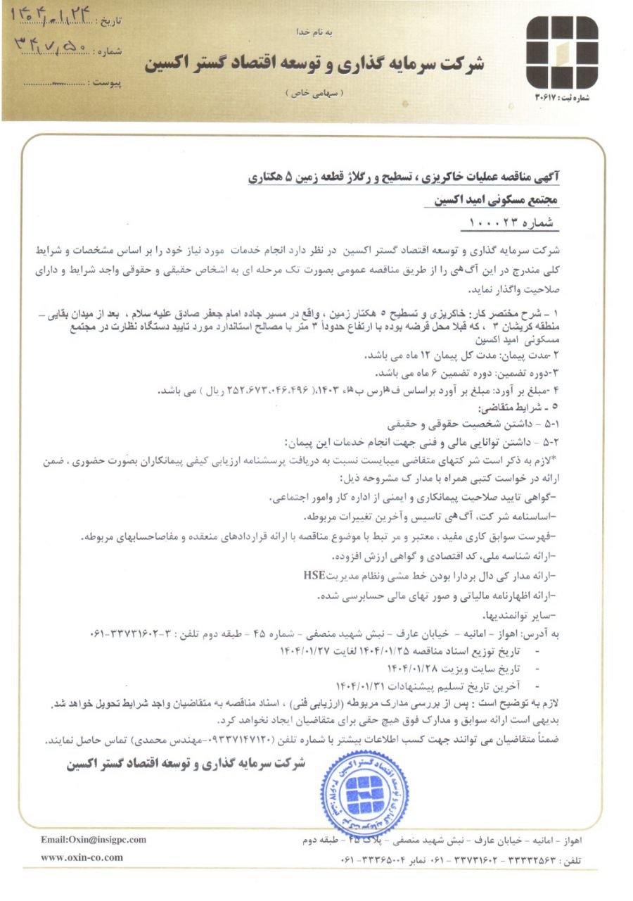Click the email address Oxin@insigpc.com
pos(94,839)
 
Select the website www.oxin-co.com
pos(82,857)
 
